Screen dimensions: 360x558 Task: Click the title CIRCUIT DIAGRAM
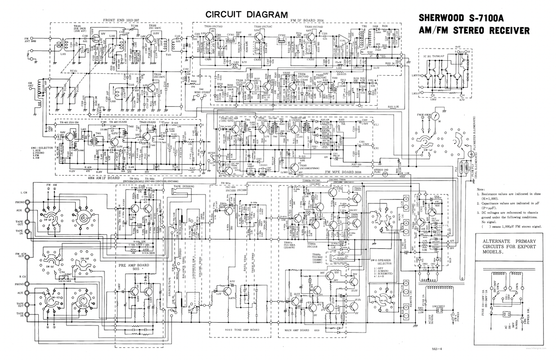pyautogui.click(x=246, y=14)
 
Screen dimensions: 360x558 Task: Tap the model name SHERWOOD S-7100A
pyautogui.click(x=474, y=19)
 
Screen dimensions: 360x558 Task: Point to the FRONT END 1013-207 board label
pyautogui.click(x=121, y=20)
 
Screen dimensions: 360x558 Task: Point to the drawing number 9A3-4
pyautogui.click(x=436, y=349)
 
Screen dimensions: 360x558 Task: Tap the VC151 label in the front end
pyautogui.click(x=74, y=70)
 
